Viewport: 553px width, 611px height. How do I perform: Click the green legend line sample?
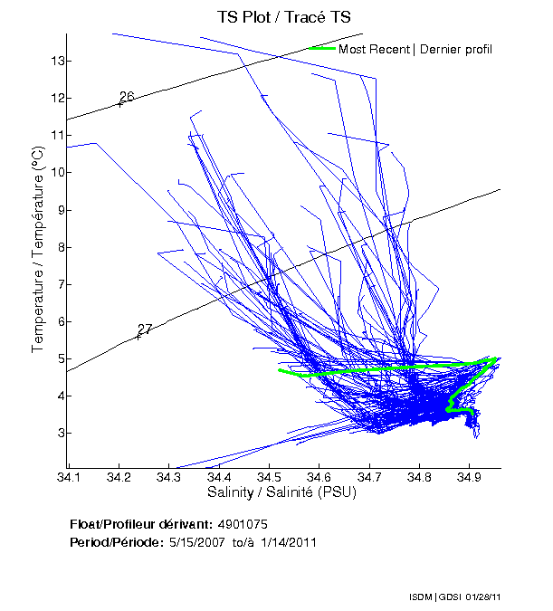click(321, 48)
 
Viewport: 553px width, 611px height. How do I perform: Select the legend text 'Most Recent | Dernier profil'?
click(415, 49)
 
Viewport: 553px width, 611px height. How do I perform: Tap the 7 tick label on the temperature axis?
click(59, 284)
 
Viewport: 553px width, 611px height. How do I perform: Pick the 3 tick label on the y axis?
click(59, 433)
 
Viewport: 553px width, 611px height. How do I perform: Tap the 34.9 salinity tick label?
click(468, 474)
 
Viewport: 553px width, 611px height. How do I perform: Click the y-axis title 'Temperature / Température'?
click(38, 251)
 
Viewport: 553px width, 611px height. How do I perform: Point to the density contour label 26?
click(127, 97)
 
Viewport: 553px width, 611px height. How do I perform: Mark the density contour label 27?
click(145, 329)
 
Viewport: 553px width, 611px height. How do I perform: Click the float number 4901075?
click(242, 524)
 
